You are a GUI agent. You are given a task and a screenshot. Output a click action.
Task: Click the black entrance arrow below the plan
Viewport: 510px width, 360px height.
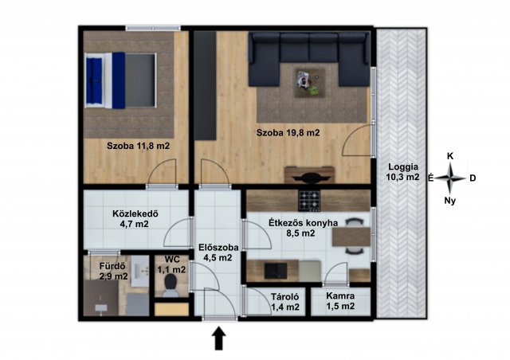pyautogui.click(x=219, y=338)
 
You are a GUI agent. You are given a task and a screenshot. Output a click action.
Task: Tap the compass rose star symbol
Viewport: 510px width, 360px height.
pyautogui.click(x=449, y=178)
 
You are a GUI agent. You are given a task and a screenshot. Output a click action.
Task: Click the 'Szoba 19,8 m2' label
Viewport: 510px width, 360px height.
pyautogui.click(x=288, y=133)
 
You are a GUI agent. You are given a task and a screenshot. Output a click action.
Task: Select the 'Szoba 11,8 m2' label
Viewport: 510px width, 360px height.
pyautogui.click(x=138, y=146)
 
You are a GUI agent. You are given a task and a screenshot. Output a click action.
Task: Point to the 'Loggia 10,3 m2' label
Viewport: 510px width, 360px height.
pyautogui.click(x=403, y=172)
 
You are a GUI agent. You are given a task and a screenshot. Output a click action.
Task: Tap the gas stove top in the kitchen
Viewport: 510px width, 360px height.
pyautogui.click(x=309, y=201)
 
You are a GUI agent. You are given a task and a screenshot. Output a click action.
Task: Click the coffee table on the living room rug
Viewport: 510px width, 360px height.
pyautogui.click(x=309, y=83)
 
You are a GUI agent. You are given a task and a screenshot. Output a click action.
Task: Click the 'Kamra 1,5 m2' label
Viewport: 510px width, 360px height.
pyautogui.click(x=340, y=301)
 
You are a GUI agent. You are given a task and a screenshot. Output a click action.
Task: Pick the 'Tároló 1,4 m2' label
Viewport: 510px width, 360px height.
pyautogui.click(x=285, y=302)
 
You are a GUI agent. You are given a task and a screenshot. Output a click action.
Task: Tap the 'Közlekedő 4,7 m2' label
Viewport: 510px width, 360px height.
pyautogui.click(x=135, y=218)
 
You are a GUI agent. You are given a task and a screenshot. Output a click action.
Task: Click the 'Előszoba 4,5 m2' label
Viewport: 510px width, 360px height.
pyautogui.click(x=218, y=252)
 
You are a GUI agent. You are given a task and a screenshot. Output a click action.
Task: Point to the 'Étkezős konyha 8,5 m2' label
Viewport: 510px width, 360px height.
pyautogui.click(x=303, y=228)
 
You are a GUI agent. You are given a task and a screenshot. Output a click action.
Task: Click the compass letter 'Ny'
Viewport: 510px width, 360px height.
pyautogui.click(x=449, y=201)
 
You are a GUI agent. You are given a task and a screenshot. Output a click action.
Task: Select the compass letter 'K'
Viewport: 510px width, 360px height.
pyautogui.click(x=450, y=156)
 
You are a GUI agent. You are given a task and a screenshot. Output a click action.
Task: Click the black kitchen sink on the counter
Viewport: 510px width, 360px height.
pyautogui.click(x=276, y=271)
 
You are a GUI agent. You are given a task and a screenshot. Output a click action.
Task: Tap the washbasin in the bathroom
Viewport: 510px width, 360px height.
pyautogui.click(x=140, y=271)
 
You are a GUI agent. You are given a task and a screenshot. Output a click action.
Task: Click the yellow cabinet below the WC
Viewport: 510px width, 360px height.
pyautogui.click(x=171, y=309)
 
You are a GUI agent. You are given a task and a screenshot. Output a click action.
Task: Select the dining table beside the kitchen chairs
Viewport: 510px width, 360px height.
pyautogui.click(x=351, y=237)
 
